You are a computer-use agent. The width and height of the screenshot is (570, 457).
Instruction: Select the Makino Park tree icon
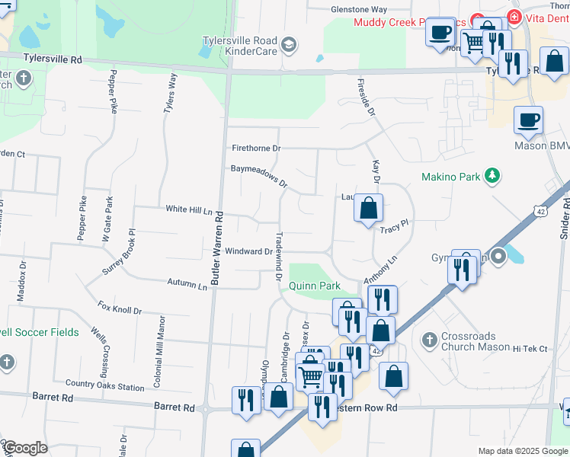pos(493,177)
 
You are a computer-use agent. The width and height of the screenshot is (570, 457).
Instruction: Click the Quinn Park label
pos(314,286)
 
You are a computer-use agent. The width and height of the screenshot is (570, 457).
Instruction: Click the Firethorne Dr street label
pos(257,148)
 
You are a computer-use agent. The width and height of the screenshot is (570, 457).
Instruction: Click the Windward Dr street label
pos(248,251)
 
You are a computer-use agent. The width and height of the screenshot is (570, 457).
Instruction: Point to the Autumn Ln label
pos(187,284)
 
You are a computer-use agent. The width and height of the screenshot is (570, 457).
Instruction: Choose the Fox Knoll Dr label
pos(120,308)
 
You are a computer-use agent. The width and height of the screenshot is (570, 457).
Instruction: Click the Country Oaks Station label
pos(104,385)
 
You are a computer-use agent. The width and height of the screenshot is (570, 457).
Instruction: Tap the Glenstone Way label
pos(359,10)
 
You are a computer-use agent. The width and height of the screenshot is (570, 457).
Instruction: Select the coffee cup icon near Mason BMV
pos(528,119)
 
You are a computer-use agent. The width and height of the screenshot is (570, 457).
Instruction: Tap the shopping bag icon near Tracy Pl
pos(369,207)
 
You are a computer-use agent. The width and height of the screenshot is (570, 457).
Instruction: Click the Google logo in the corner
pos(24,448)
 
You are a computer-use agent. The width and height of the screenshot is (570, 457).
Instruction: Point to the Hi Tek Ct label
pos(530,349)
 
